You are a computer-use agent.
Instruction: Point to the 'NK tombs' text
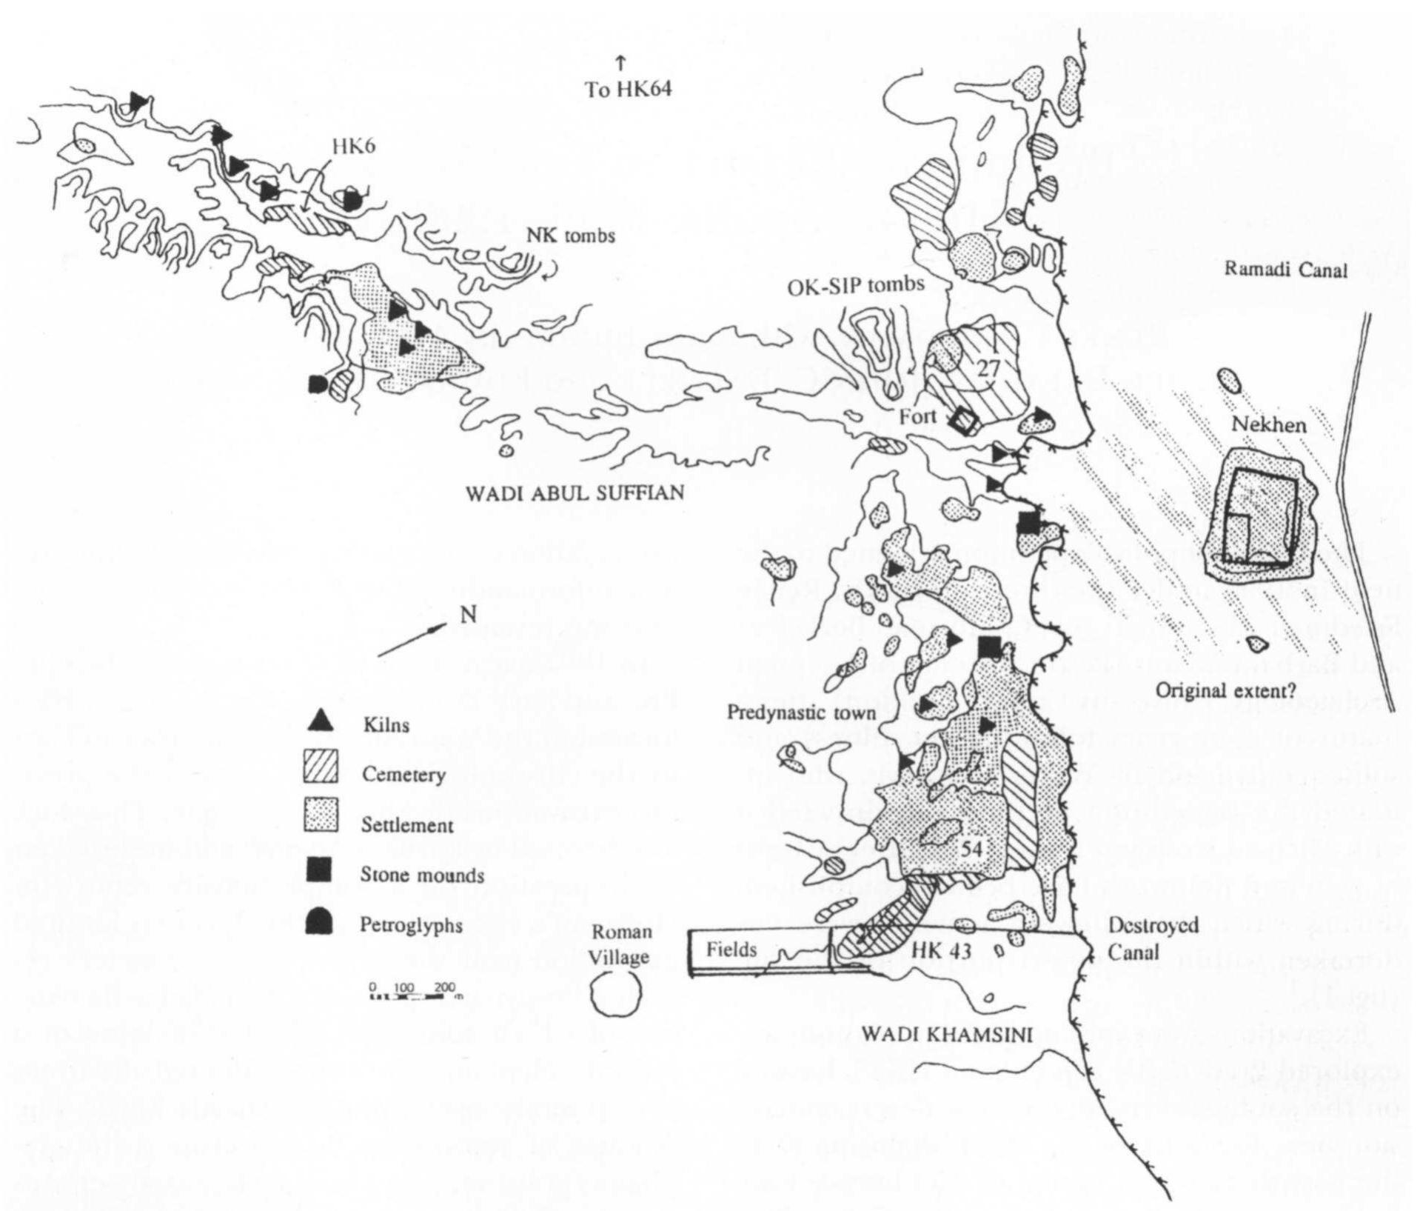point(570,236)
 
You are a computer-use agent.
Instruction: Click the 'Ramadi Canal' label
point(1285,270)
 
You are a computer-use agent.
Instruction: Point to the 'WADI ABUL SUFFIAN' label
point(575,493)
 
